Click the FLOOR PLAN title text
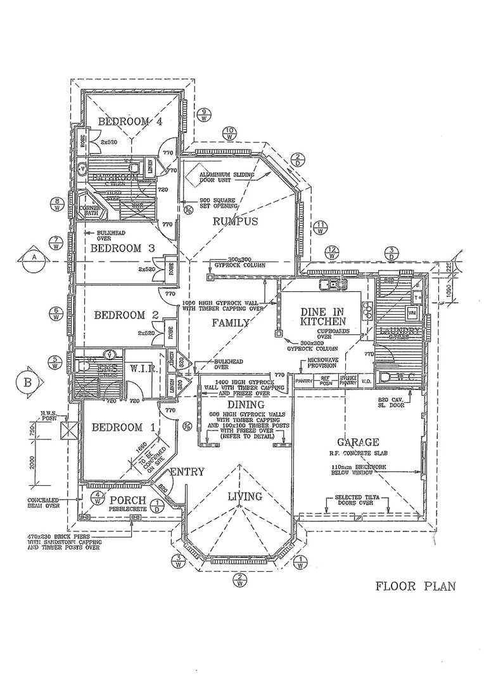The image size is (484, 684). (x=416, y=586)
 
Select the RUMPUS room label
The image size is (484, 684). (x=235, y=221)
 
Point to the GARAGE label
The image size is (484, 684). (x=358, y=442)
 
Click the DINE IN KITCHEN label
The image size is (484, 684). (x=324, y=317)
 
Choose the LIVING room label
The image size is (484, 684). (x=246, y=496)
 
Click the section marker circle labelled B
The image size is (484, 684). (x=27, y=383)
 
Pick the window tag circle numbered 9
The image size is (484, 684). (x=204, y=115)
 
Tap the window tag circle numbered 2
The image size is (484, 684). (x=240, y=579)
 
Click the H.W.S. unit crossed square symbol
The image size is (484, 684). (x=68, y=432)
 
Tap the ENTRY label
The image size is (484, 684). (x=188, y=471)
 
